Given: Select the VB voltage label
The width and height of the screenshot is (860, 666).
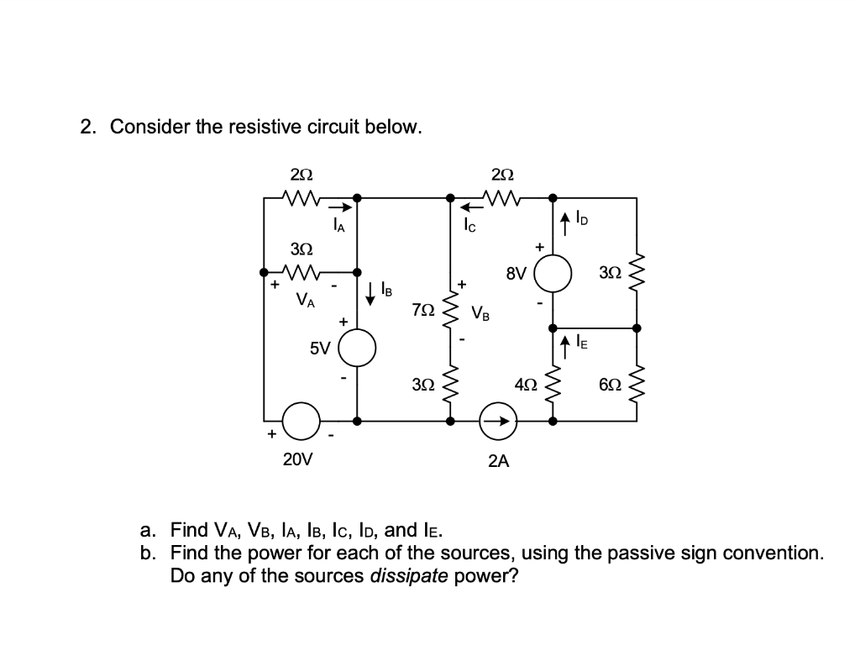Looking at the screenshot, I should click(481, 314).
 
